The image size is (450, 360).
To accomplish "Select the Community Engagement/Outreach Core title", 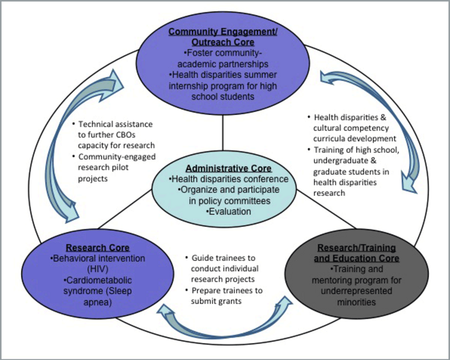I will click(223, 37).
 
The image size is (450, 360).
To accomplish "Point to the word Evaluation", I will click(228, 211).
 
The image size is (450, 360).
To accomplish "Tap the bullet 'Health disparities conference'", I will click(229, 179).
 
